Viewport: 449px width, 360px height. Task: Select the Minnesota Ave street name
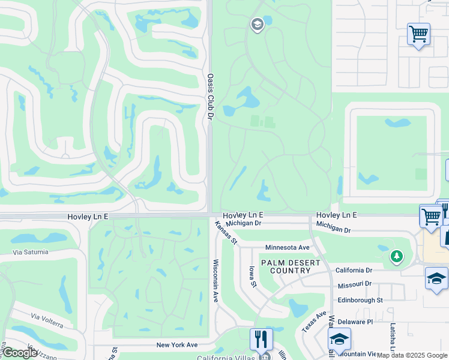tap(288, 247)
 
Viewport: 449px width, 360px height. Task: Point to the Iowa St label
tap(253, 277)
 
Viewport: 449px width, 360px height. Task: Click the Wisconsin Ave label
tap(215, 280)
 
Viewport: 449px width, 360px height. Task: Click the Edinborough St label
tap(360, 300)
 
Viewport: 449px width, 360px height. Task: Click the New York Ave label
tap(177, 345)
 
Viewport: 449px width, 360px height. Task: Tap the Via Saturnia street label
tap(29, 252)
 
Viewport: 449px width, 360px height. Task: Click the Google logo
tap(19, 353)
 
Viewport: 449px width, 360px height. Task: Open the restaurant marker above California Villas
tap(261, 339)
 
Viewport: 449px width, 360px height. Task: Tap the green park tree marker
tap(396, 257)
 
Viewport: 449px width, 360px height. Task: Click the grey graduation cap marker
tap(257, 25)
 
